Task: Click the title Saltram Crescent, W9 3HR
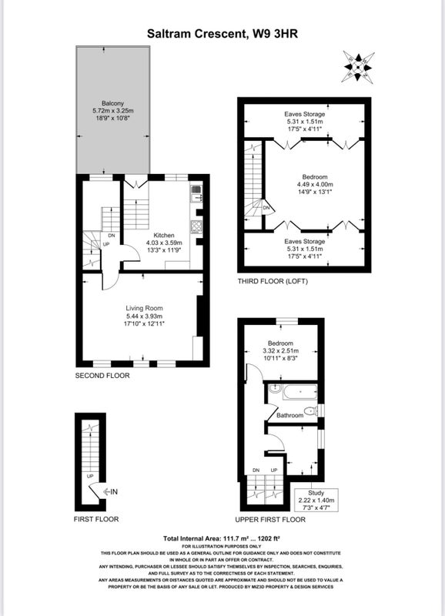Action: tap(222, 34)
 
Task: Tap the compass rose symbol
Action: tap(358, 66)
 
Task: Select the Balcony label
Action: tap(112, 103)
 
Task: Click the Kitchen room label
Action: tap(164, 236)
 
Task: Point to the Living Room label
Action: tap(144, 309)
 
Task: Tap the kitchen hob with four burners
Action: tap(196, 226)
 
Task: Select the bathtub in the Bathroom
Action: tap(299, 392)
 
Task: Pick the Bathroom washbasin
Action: tap(274, 389)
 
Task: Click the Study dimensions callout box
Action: tap(316, 500)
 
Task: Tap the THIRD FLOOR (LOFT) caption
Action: tap(273, 281)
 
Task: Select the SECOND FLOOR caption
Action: tap(102, 376)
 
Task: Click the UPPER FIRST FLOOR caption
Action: tap(270, 520)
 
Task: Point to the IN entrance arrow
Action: tap(110, 491)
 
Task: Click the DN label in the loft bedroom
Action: tap(266, 208)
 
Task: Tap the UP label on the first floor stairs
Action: tap(90, 476)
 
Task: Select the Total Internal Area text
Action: tap(221, 538)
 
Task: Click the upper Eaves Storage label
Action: tap(305, 114)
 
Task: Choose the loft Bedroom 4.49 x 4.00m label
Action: tap(315, 184)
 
